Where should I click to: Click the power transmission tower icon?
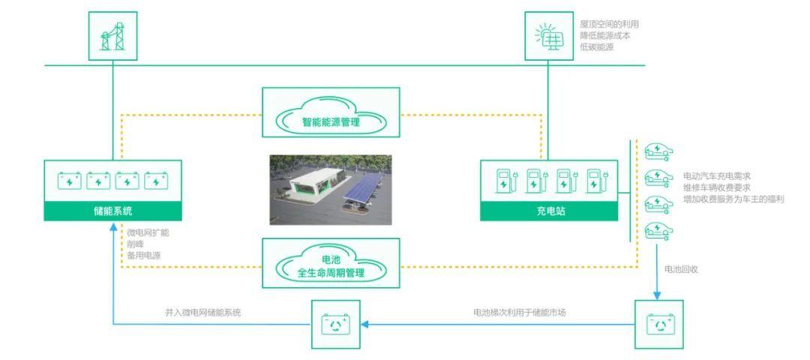(x=112, y=36)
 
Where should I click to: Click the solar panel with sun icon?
(x=548, y=36)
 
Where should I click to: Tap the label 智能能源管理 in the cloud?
(x=331, y=122)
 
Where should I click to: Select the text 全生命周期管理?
(x=331, y=273)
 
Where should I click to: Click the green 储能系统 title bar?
(x=112, y=211)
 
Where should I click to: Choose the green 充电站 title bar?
(x=548, y=211)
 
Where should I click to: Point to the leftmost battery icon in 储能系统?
(x=69, y=181)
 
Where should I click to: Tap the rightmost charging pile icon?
(x=595, y=181)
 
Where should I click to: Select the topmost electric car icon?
(x=658, y=152)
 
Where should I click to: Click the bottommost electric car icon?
(x=658, y=229)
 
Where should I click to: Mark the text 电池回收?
(x=681, y=269)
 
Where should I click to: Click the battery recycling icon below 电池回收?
(x=658, y=324)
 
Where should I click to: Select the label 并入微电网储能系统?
(x=203, y=312)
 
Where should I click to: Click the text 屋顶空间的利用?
(x=610, y=24)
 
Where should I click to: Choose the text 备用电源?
(x=143, y=255)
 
